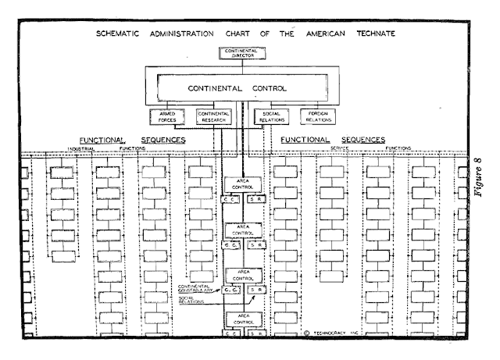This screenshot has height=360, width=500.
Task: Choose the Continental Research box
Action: [212, 117]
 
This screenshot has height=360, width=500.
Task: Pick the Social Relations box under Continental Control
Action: [273, 117]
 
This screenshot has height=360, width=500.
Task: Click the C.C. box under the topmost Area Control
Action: [230, 200]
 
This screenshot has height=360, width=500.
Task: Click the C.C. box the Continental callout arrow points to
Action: [230, 290]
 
